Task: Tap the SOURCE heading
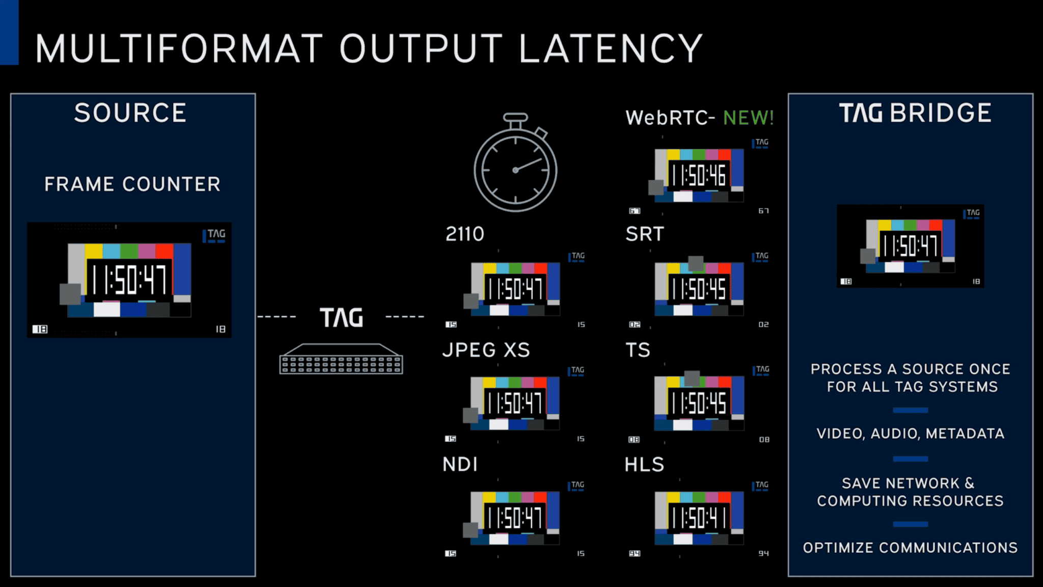[x=130, y=113]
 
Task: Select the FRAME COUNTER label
[x=132, y=184]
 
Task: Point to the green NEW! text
[x=748, y=118]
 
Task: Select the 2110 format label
[x=464, y=234]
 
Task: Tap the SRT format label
[x=645, y=234]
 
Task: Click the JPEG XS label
[x=486, y=350]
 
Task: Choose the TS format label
[x=638, y=350]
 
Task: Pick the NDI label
[x=460, y=465]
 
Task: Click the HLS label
[x=644, y=465]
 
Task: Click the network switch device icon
[x=341, y=360]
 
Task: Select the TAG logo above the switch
[x=341, y=317]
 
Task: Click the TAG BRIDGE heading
[x=915, y=113]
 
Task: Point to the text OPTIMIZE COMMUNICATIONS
[x=910, y=548]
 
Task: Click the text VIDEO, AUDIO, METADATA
[x=910, y=434]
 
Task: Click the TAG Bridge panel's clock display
[x=910, y=246]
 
